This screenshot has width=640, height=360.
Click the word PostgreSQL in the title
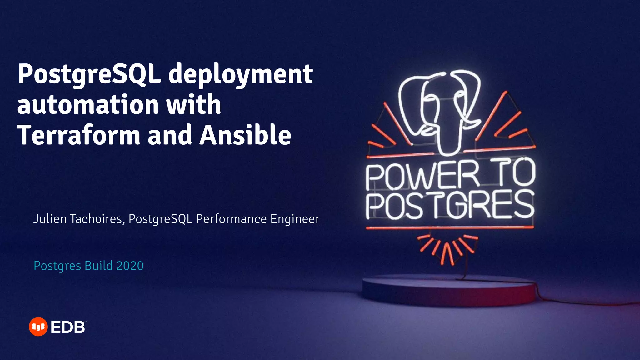coord(89,74)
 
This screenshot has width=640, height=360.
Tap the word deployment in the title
coord(241,74)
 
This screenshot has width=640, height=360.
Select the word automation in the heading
coord(88,105)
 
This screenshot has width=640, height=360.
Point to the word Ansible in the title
coord(245,135)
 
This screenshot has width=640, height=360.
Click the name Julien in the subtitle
coord(50,219)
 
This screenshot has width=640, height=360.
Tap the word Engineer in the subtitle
coord(295,219)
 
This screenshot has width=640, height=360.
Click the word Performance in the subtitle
coord(232,219)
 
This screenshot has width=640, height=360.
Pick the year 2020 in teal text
coord(130,266)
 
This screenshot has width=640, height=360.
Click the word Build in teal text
coord(99,266)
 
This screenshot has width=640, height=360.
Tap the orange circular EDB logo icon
coord(38,327)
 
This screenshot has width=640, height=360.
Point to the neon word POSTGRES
coord(450,205)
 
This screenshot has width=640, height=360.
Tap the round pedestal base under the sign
coord(449,291)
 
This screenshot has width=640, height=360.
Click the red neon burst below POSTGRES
coord(447,248)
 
